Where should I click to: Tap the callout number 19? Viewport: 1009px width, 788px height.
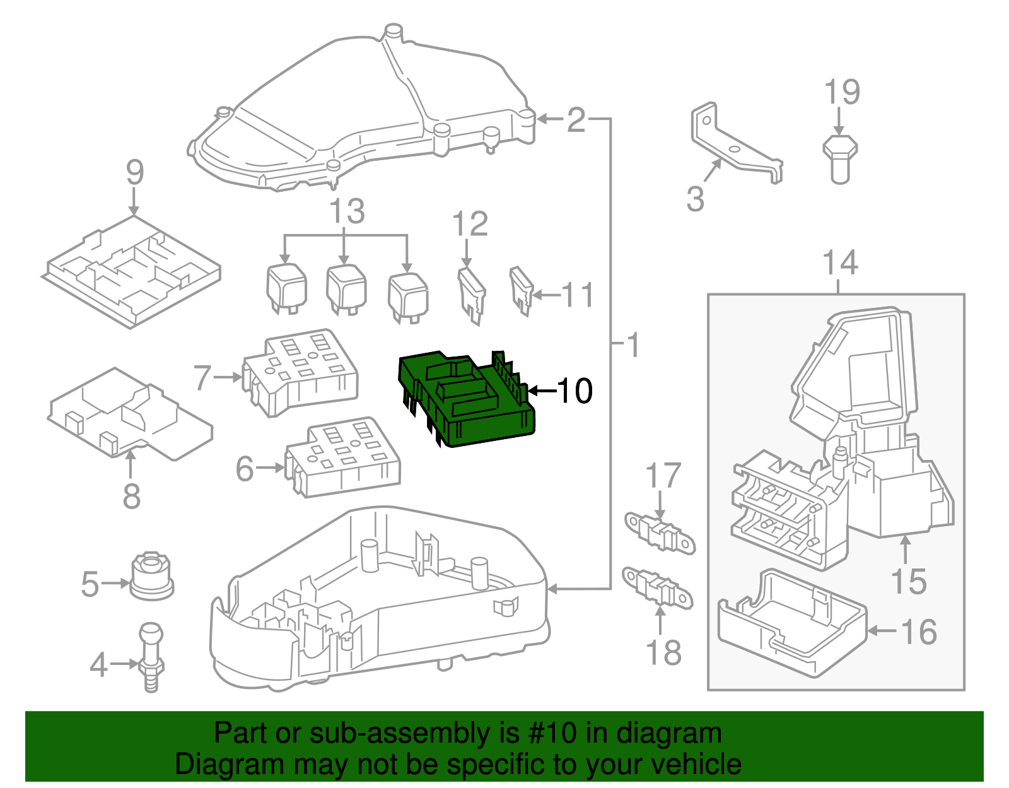click(x=842, y=93)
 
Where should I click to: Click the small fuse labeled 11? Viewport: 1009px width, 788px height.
click(x=521, y=290)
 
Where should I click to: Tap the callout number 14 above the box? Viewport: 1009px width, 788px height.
click(x=841, y=263)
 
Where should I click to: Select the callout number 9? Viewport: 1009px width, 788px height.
click(x=134, y=172)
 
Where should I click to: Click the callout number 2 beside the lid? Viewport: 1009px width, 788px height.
click(x=575, y=119)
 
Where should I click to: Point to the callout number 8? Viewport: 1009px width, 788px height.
click(x=131, y=496)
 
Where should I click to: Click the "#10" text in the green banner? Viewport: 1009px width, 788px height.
click(x=548, y=733)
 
